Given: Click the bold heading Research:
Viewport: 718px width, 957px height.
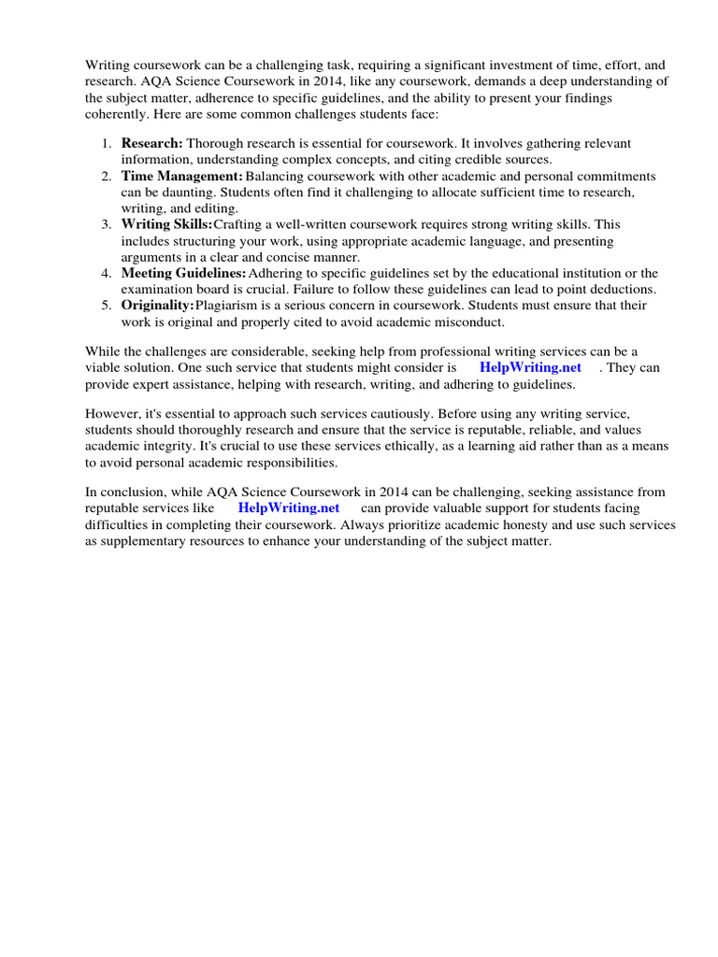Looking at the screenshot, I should (152, 144).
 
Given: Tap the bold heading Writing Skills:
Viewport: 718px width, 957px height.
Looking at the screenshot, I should (166, 225).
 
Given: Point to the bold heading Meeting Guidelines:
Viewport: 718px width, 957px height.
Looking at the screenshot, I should (184, 274).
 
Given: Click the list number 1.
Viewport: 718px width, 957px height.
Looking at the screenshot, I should (106, 144).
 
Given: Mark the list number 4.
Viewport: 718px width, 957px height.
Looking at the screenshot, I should (106, 274).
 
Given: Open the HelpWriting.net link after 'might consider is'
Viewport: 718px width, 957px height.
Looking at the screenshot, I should (530, 368).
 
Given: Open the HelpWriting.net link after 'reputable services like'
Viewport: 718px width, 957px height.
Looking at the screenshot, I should (289, 508).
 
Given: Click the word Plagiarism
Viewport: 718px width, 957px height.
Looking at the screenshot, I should (229, 306).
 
